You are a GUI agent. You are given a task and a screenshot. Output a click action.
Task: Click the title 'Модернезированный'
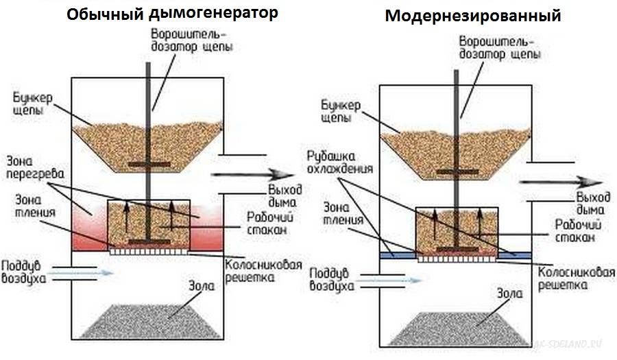pos(473,16)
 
